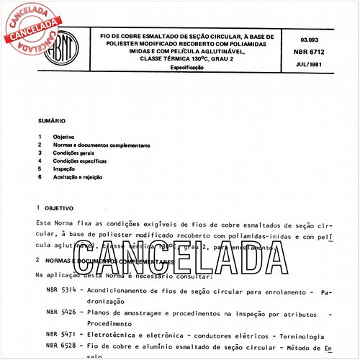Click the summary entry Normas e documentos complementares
pyautogui.click(x=101, y=145)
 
